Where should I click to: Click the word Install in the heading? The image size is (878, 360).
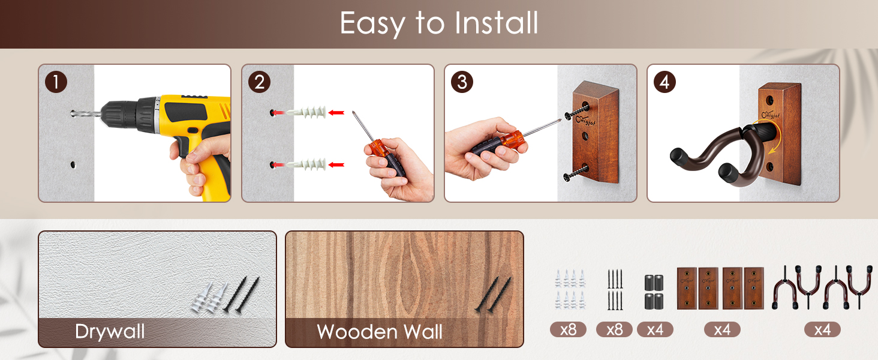496,23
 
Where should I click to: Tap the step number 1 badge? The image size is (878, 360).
56,82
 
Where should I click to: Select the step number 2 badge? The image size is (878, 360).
258,82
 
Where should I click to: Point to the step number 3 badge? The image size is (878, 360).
461,82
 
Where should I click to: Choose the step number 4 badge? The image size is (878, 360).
664,82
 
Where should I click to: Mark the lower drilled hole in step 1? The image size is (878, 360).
73,164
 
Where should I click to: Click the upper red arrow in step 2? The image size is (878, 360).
337,112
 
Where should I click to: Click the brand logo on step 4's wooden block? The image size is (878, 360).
771,114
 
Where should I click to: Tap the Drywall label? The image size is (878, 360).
110,332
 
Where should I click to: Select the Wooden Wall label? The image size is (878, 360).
380,332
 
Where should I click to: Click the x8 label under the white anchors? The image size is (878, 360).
568,329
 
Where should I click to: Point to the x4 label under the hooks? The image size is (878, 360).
822,329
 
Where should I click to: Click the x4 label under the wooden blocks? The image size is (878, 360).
722,329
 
